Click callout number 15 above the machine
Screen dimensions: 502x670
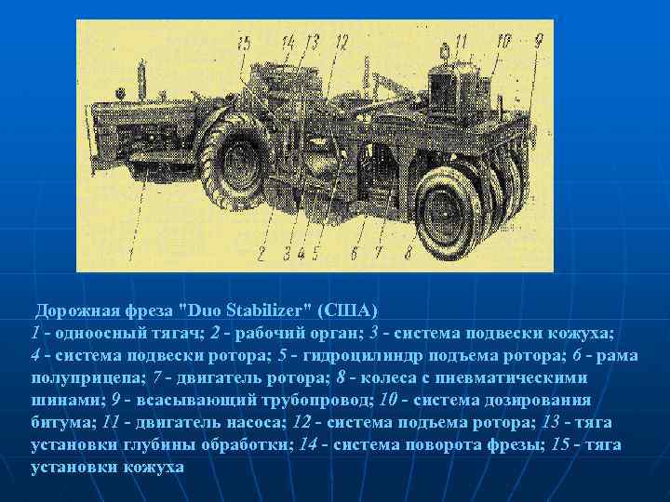click(x=244, y=42)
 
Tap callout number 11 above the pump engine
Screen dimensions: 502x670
click(x=461, y=41)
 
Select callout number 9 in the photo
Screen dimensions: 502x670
click(x=538, y=40)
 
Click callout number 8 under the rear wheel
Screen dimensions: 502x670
click(x=408, y=252)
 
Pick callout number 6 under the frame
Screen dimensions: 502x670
click(x=354, y=252)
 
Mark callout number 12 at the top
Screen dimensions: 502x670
click(x=341, y=41)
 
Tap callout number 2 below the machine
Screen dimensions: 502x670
click(x=263, y=252)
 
